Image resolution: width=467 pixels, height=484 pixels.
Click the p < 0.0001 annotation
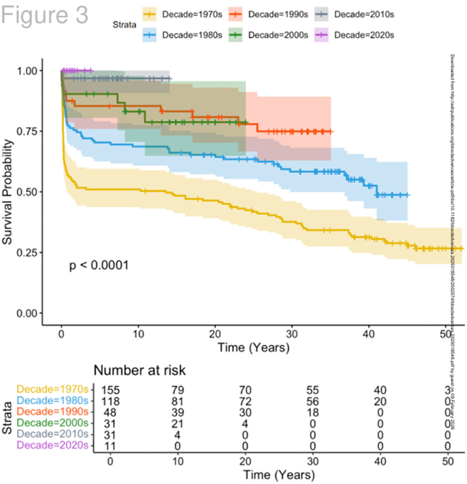coord(99,266)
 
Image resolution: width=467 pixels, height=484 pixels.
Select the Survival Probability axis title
coord(9,192)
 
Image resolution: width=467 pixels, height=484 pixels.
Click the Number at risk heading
coord(141,370)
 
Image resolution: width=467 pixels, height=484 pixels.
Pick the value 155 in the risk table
coord(111,390)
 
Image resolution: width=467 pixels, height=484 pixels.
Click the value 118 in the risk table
coord(111,401)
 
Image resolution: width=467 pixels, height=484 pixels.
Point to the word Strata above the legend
coord(127,24)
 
